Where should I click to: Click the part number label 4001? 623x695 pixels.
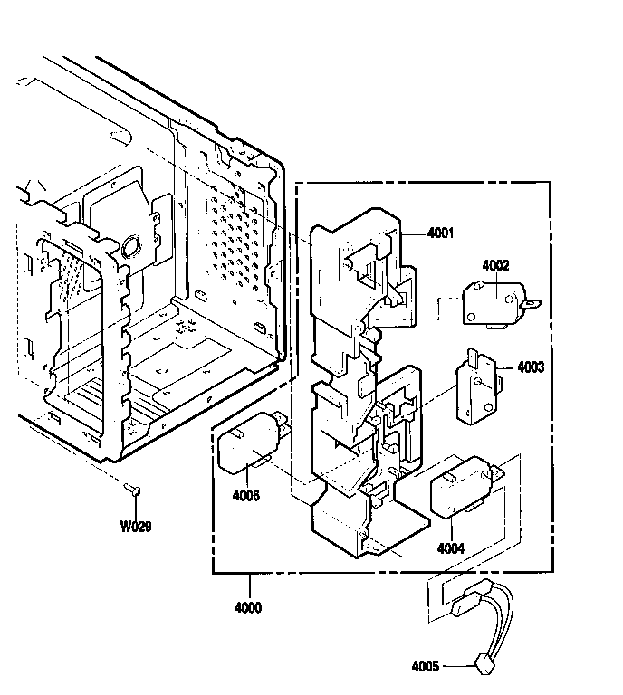[442, 233]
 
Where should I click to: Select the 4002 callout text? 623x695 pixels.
[495, 265]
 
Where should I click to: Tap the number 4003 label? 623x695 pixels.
[531, 367]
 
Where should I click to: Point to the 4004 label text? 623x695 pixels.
[451, 548]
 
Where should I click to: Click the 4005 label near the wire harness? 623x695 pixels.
[425, 667]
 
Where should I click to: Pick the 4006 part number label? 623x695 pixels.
[246, 495]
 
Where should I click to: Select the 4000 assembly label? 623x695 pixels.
[246, 608]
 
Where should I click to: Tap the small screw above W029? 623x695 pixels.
[132, 491]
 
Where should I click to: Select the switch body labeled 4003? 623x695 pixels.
[477, 392]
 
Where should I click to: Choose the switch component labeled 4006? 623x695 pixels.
[249, 448]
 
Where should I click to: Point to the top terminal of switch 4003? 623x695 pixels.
[472, 355]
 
